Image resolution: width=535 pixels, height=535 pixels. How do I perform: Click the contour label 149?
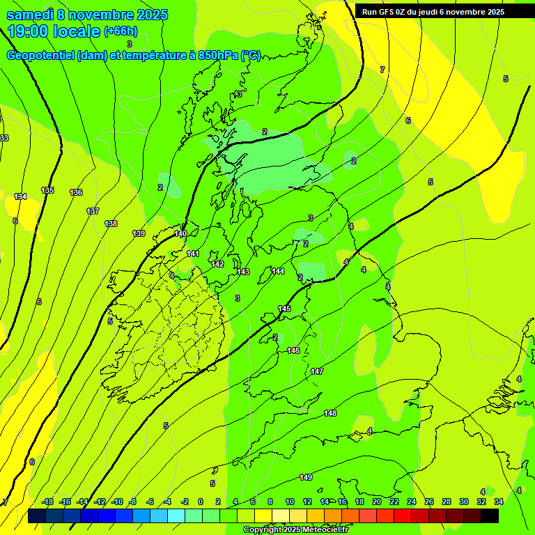pos(306,477)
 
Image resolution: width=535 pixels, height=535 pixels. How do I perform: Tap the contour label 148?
pos(330,414)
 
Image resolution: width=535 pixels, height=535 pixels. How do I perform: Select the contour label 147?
pos(317,371)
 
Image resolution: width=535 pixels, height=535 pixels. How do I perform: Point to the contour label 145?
pos(284,309)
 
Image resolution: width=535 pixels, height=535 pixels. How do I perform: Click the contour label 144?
pos(278,271)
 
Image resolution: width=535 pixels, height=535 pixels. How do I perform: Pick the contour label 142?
pos(217,264)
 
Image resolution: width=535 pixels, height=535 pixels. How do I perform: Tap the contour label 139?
pos(139,233)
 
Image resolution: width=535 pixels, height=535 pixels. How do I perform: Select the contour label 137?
pos(93,211)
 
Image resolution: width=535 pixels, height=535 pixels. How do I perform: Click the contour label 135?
pos(47,190)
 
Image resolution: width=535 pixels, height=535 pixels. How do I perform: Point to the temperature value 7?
pos(382,70)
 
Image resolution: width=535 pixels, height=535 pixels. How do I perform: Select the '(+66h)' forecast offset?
pos(121,31)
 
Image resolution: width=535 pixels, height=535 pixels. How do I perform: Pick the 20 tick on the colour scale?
pos(377,502)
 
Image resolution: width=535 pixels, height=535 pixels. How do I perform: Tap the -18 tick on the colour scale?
pos(47,502)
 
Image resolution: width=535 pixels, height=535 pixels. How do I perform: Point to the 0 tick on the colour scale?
pos(201,502)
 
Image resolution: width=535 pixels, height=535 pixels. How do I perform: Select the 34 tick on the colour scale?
pos(499,502)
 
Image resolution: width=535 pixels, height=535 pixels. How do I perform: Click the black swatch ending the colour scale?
pos(490,516)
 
